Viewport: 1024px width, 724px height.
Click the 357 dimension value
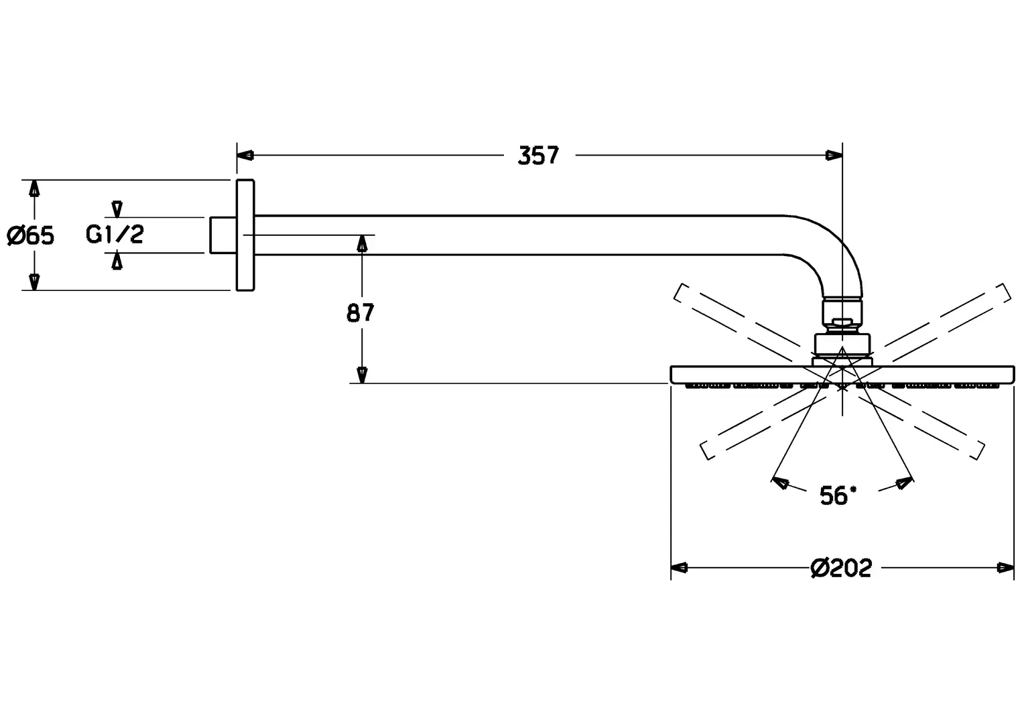coord(538,156)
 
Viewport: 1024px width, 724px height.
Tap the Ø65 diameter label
coord(30,235)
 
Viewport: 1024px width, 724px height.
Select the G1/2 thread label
coord(115,234)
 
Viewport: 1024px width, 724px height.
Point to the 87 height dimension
coord(361,312)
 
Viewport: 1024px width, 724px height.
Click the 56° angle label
coord(838,496)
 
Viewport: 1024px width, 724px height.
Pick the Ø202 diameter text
coord(841,568)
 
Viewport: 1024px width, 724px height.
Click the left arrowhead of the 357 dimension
coord(245,156)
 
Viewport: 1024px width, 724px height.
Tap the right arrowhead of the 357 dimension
coord(834,156)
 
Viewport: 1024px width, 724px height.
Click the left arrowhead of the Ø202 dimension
coord(680,568)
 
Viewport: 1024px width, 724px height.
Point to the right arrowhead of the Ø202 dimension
coord(1005,568)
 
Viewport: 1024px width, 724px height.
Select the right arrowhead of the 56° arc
coord(905,481)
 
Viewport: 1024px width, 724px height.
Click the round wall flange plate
coord(245,235)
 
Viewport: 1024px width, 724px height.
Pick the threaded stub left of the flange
coord(222,235)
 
